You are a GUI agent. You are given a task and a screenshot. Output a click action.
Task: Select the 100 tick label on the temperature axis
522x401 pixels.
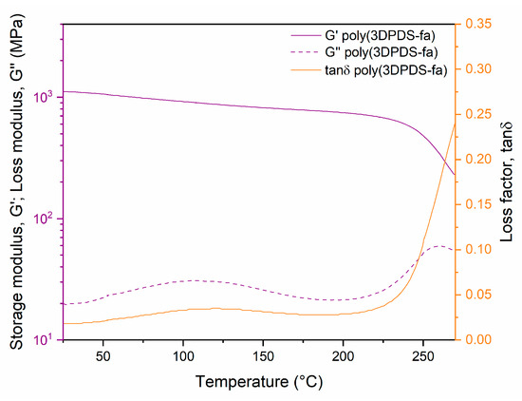182,355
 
